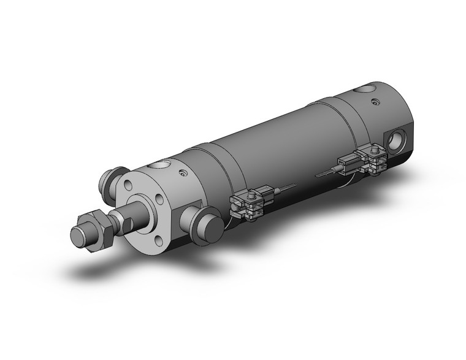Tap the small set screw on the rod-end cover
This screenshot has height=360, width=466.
pos(183,174)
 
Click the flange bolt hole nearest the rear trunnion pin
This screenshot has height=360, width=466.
pos(127,185)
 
